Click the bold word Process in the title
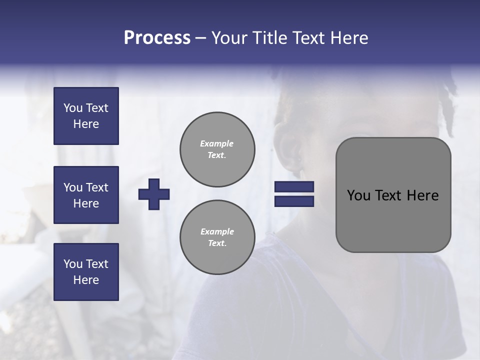tap(157, 38)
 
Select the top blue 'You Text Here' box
tap(86, 116)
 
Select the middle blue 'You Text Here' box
tap(86, 195)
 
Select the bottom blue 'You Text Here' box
tap(86, 272)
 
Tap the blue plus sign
tap(154, 194)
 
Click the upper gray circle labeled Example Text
tap(217, 149)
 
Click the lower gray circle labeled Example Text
tap(217, 237)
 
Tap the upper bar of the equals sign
tap(294, 187)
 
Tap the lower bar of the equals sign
tap(294, 201)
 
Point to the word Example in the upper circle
tap(217, 143)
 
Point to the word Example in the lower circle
tap(217, 231)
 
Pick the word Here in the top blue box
tap(86, 124)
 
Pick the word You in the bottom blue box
tap(73, 264)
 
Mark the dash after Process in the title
tap(201, 38)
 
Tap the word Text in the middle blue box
tap(97, 187)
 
